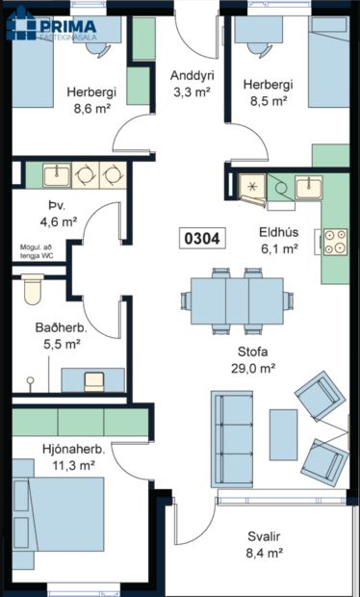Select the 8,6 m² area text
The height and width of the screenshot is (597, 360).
click(x=92, y=110)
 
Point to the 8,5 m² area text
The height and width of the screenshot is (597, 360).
click(x=268, y=99)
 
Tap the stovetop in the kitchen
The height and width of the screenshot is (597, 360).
click(x=335, y=241)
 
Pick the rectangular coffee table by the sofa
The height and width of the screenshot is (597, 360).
click(x=283, y=434)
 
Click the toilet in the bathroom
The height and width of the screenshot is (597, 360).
click(x=32, y=288)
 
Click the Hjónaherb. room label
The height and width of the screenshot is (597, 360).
click(x=74, y=448)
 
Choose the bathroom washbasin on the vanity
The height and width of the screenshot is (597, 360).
click(x=94, y=378)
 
